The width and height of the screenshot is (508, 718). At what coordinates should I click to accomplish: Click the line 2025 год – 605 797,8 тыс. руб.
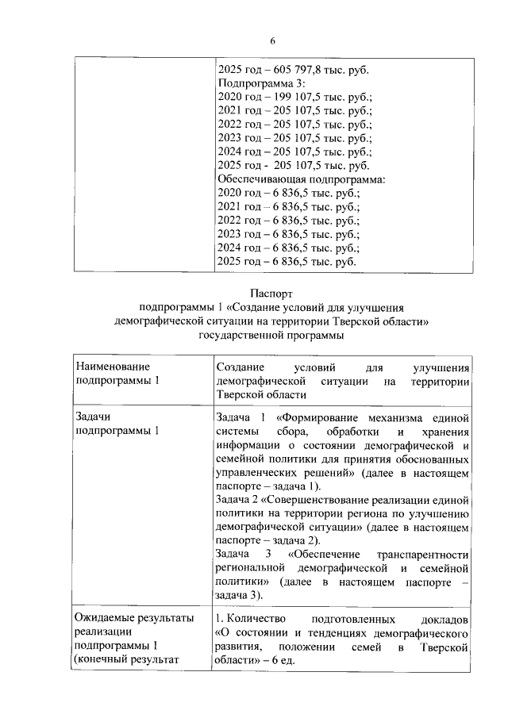click(292, 70)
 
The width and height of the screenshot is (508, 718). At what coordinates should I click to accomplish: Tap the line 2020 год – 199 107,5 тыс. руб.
click(294, 97)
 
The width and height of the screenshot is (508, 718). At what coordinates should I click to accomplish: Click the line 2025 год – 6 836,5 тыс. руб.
click(287, 261)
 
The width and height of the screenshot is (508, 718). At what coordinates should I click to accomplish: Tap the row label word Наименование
click(112, 367)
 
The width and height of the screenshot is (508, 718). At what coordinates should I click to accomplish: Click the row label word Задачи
click(93, 417)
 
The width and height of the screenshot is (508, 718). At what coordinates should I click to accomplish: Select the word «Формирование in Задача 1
click(314, 417)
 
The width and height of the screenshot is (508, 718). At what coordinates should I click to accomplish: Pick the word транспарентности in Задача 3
click(424, 554)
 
